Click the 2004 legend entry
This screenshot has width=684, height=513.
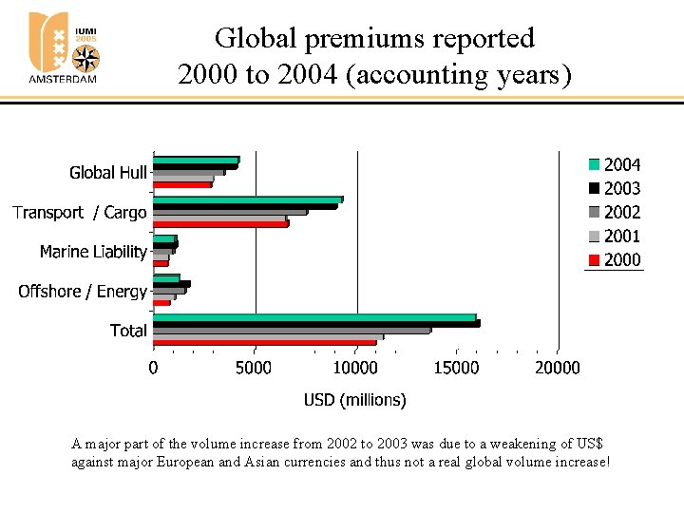615,165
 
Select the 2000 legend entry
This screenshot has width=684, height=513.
615,260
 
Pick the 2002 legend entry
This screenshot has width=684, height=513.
615,213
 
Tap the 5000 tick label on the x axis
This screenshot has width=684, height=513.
254,369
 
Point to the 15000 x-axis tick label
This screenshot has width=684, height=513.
456,369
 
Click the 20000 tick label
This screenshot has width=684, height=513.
557,369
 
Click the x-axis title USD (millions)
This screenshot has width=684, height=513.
354,400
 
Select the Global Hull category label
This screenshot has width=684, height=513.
107,173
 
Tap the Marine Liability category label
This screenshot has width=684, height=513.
93,252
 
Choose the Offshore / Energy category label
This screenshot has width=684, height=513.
83,292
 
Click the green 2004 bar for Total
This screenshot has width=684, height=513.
314,317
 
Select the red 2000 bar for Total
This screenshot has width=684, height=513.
265,342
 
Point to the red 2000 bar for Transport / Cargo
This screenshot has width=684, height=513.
220,224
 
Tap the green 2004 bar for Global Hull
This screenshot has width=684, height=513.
196,160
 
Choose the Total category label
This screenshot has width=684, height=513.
128,331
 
